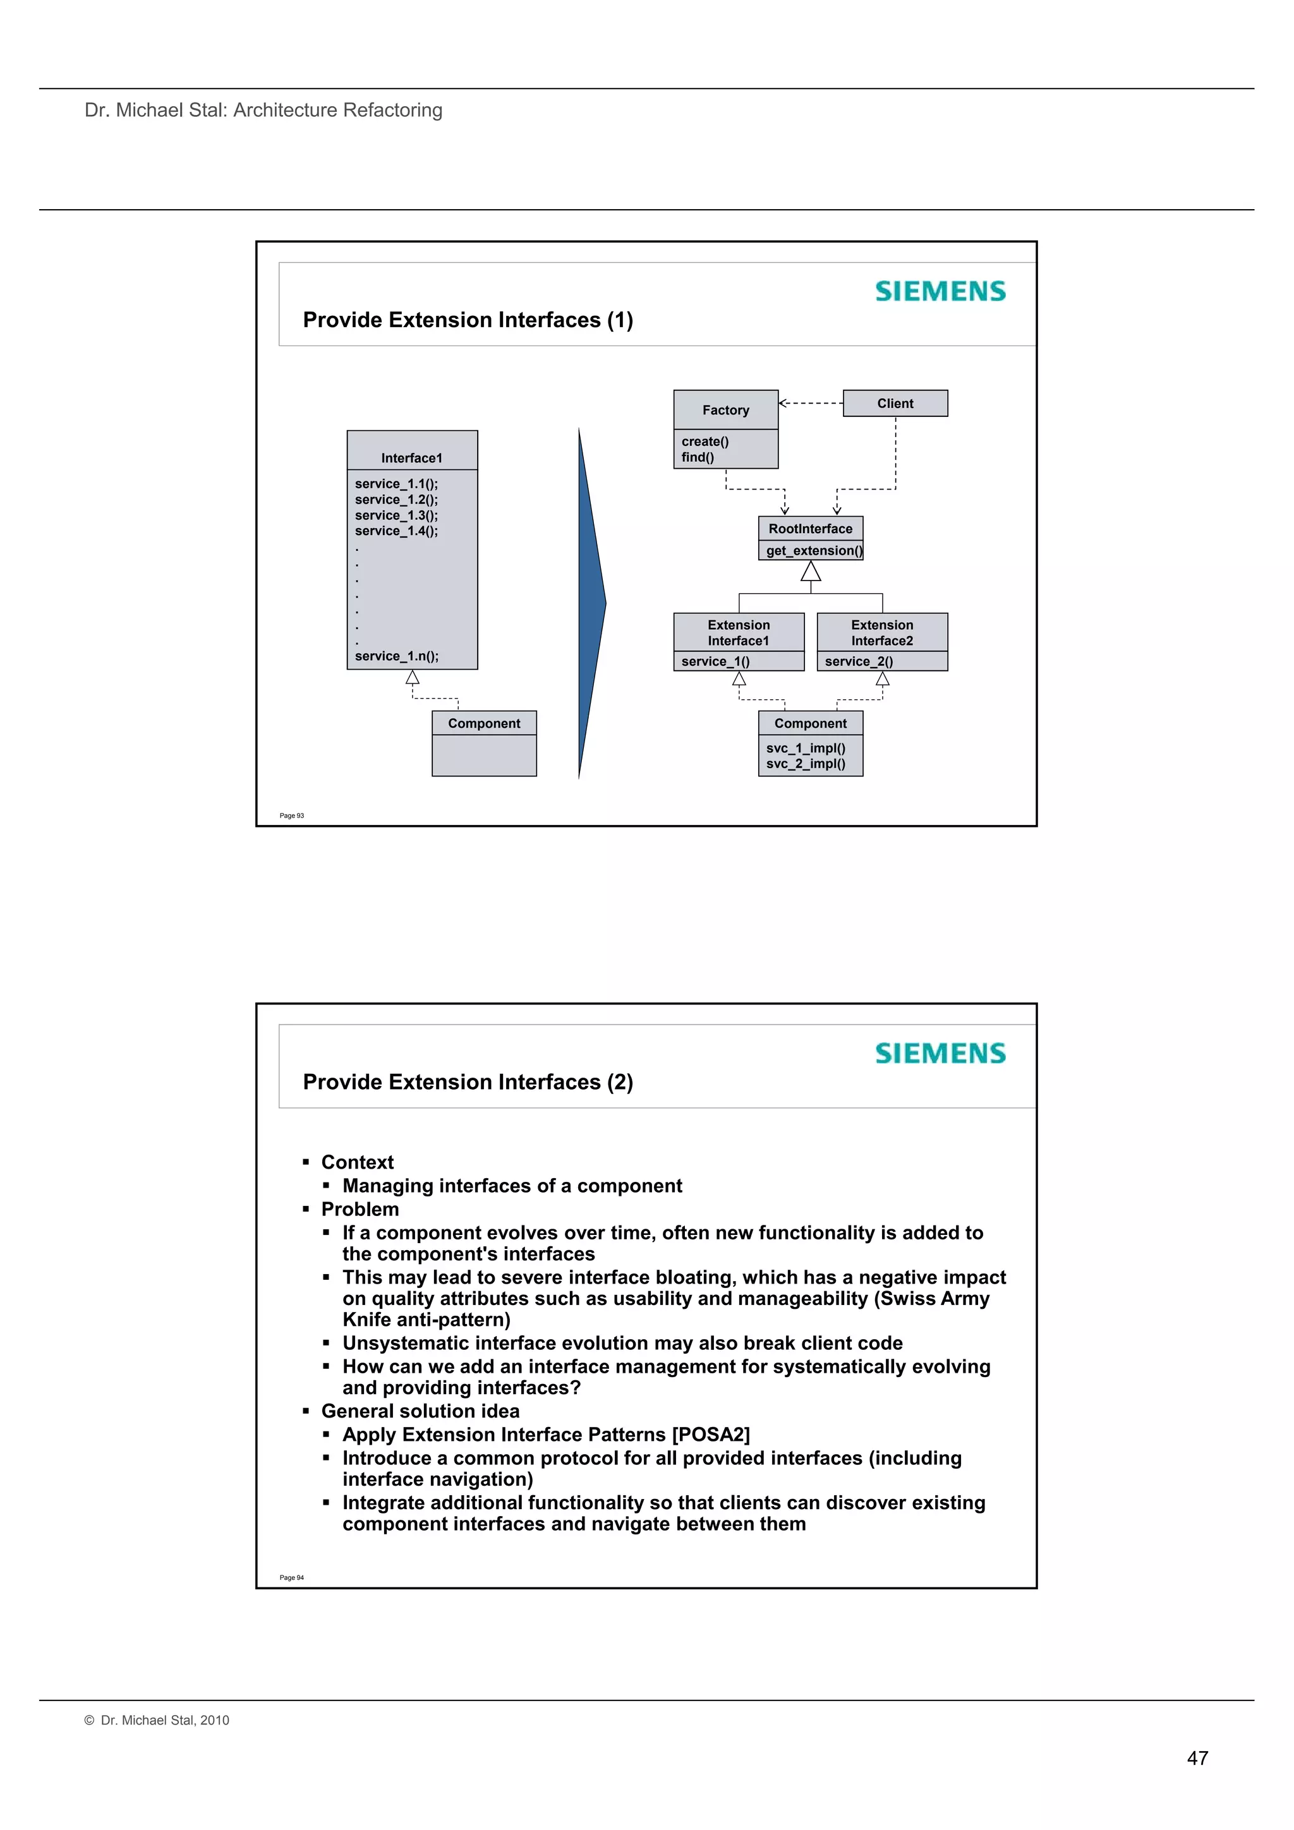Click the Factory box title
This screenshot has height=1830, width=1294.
tap(725, 410)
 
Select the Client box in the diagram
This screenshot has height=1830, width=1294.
tap(895, 403)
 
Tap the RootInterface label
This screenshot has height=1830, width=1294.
tap(810, 529)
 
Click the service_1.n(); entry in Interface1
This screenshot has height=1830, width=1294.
tap(396, 656)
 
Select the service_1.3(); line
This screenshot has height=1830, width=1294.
tap(396, 515)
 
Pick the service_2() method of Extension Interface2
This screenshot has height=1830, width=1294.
tap(859, 661)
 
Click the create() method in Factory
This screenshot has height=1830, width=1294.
tap(704, 442)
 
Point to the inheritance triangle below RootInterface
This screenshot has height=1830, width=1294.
tap(811, 572)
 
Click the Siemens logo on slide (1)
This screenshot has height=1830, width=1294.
tap(940, 292)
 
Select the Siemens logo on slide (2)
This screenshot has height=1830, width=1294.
tap(940, 1054)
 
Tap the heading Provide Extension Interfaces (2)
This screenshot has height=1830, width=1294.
tap(468, 1081)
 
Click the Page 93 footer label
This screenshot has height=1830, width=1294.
tap(292, 816)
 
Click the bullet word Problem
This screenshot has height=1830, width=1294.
tap(360, 1209)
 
